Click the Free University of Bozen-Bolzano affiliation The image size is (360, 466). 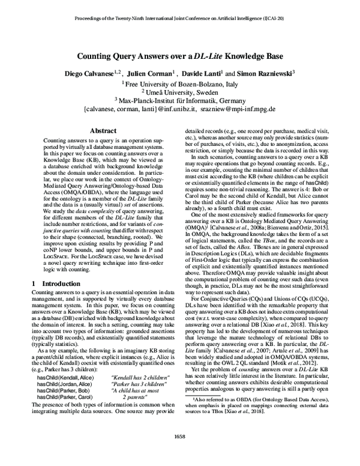tap(181, 83)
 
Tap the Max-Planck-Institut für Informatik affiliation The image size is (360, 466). tap(180, 101)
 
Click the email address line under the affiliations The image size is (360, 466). tap(180, 110)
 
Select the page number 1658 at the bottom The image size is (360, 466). tap(180, 453)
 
